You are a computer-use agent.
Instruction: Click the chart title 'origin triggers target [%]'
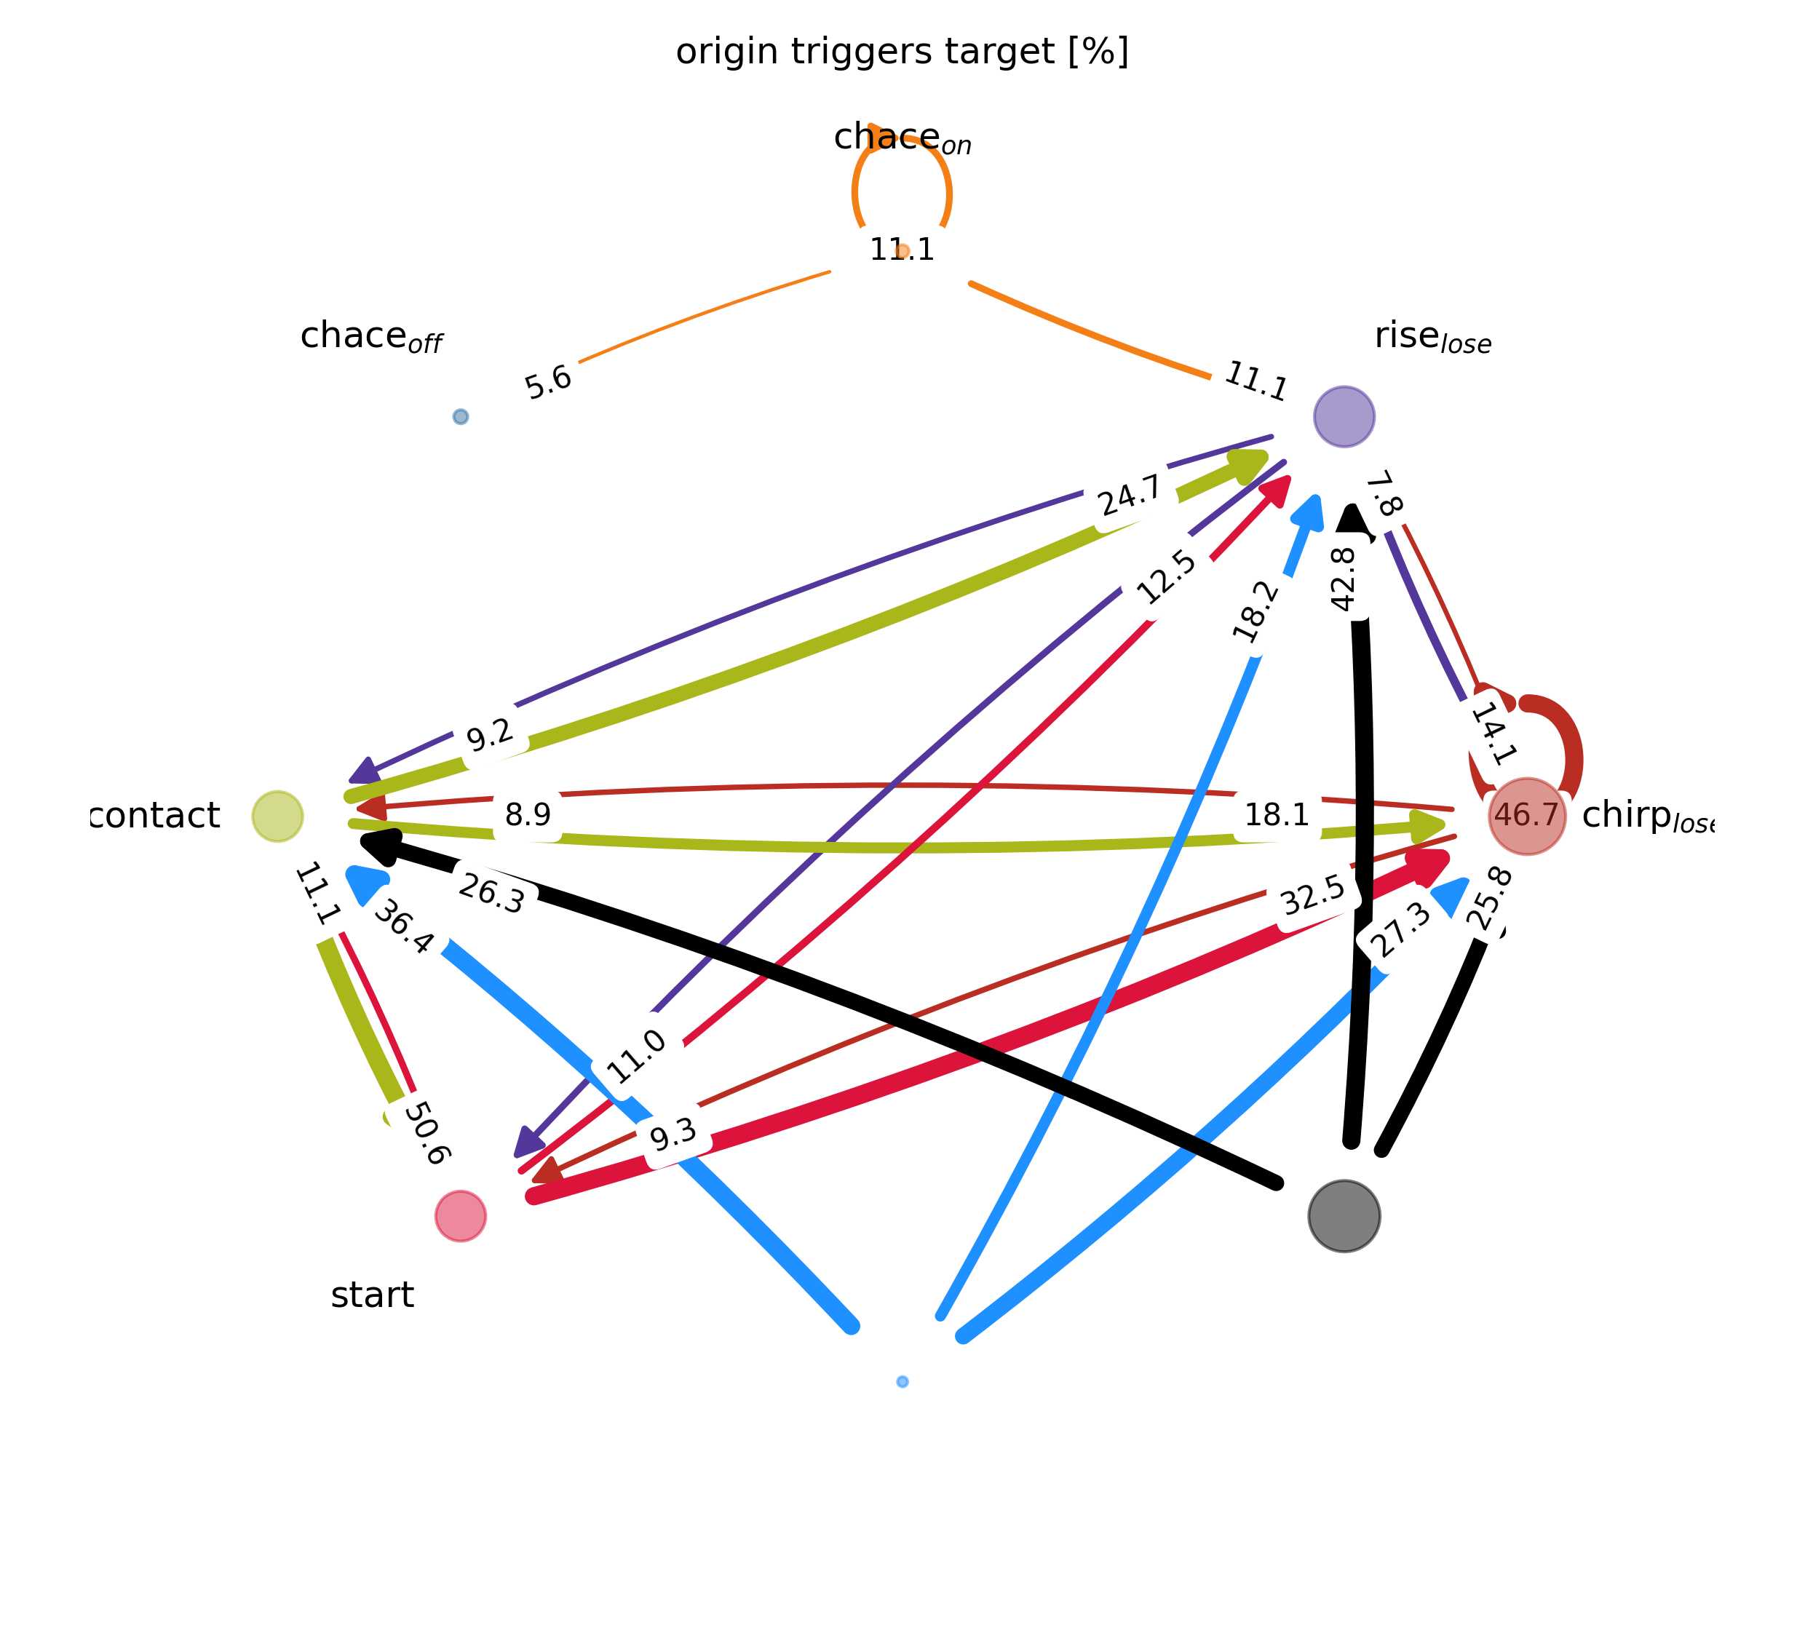point(902,52)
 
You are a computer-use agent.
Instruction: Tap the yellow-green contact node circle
point(277,816)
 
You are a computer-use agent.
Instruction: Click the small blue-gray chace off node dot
point(460,416)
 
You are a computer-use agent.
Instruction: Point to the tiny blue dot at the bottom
point(902,1381)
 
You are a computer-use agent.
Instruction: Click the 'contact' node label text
point(156,816)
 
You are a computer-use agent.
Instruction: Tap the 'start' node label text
point(372,1295)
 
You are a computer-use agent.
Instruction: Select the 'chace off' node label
point(370,337)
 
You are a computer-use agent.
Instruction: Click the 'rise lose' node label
point(1432,337)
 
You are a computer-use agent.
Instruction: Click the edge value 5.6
point(548,382)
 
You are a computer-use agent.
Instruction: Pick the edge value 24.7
point(1131,495)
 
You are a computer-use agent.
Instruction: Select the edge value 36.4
point(404,926)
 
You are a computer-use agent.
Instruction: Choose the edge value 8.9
point(528,815)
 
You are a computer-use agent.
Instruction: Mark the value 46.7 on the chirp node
point(1526,815)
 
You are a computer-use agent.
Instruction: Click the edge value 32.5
point(1312,895)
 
